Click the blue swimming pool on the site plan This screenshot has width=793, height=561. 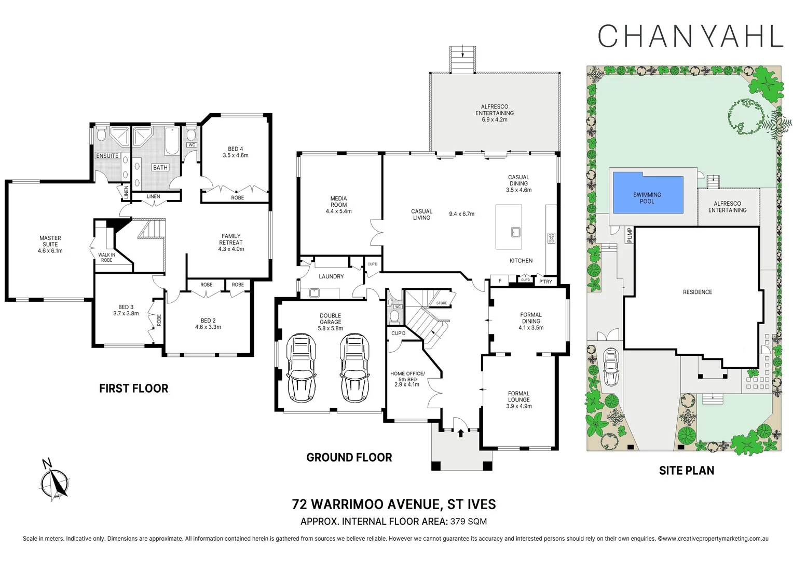[x=647, y=193]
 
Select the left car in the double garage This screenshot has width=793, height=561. [x=302, y=368]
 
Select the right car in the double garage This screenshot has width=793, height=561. [x=355, y=368]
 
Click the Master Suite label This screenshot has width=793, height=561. [x=50, y=244]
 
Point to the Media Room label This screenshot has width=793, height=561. [x=338, y=205]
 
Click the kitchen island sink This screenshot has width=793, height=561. [x=515, y=232]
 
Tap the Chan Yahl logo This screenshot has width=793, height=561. [x=690, y=36]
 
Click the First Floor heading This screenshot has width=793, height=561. [x=133, y=389]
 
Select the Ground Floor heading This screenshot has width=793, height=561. [x=349, y=458]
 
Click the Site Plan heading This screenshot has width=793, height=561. [x=686, y=471]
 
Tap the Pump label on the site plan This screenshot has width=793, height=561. [x=630, y=235]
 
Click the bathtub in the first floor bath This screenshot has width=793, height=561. [x=172, y=142]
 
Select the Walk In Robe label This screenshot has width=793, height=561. [x=106, y=257]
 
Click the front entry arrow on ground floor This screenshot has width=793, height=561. [x=460, y=432]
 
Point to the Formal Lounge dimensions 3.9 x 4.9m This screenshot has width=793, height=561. [x=518, y=406]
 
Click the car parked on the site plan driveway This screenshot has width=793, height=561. [x=611, y=367]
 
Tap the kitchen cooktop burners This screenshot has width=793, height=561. [x=551, y=238]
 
